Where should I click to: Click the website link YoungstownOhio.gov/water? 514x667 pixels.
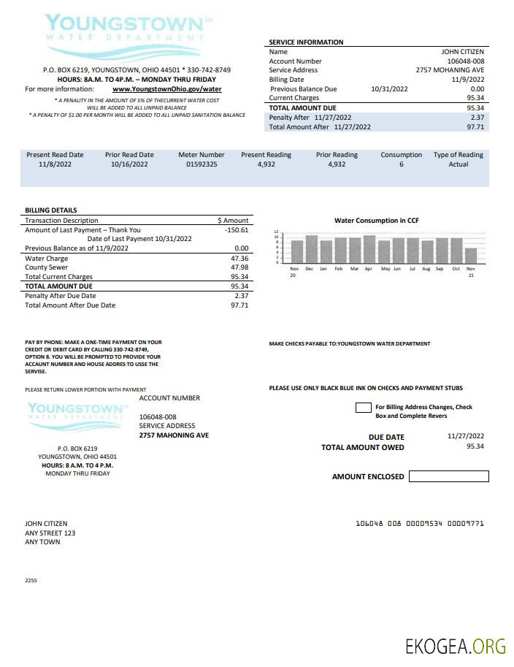(166, 89)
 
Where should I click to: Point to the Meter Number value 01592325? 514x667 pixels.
(202, 165)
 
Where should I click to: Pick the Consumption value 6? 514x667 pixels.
(401, 165)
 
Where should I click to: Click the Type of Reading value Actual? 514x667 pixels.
(458, 165)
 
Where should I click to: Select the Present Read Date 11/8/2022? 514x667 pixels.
(55, 165)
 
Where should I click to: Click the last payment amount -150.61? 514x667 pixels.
(237, 229)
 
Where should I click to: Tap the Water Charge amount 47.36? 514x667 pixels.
(239, 259)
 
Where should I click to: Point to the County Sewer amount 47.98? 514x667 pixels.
(239, 267)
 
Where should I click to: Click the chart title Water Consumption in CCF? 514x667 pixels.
(376, 220)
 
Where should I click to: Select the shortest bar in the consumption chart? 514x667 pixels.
(471, 255)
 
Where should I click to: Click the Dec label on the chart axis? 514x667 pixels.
(309, 269)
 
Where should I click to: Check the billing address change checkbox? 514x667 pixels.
(363, 408)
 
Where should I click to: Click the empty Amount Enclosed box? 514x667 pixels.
(448, 476)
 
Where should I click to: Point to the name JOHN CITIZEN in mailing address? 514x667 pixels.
(46, 524)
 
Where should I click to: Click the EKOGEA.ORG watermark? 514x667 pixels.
(456, 647)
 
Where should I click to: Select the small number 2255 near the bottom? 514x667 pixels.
(31, 580)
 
